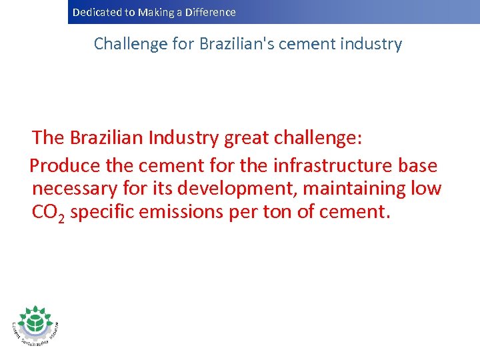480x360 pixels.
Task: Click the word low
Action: point(426,189)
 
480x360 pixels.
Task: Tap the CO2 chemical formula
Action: point(48,213)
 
